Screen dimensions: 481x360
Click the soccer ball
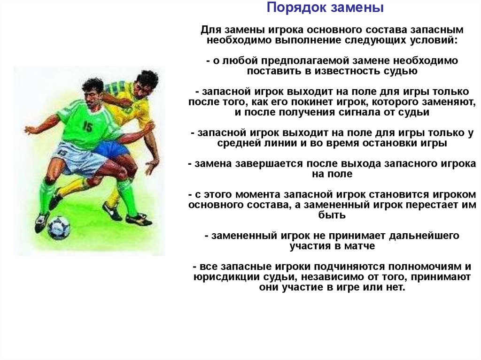[59, 227]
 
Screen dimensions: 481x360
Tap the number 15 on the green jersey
[87, 126]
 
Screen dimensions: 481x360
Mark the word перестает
[433, 205]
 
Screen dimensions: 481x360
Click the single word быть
[332, 215]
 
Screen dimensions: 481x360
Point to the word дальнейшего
[424, 236]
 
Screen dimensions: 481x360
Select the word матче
[359, 246]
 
